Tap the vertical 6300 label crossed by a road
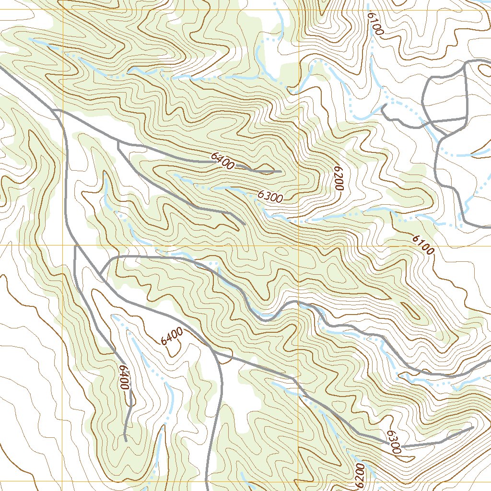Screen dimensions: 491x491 (x=393, y=442)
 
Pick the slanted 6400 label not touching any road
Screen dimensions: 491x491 (x=172, y=336)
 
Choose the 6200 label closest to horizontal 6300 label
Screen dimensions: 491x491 (x=338, y=179)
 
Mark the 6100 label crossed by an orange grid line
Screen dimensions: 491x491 (x=422, y=244)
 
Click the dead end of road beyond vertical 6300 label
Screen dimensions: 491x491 (x=472, y=427)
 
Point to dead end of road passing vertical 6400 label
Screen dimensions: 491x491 (x=125, y=440)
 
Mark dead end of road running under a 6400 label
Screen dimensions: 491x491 (x=281, y=171)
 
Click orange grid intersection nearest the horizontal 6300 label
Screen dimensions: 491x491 (x=298, y=245)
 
